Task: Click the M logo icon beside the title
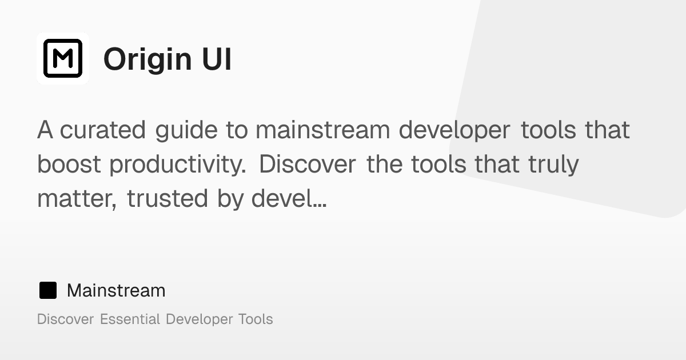[x=63, y=58]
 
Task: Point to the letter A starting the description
[x=45, y=130]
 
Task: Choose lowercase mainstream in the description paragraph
[x=323, y=130]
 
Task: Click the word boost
[x=69, y=165]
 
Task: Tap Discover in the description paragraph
[x=308, y=165]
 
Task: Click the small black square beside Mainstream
[x=47, y=290]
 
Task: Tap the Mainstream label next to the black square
[x=116, y=290]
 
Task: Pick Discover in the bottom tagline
[x=65, y=319]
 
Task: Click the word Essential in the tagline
[x=130, y=319]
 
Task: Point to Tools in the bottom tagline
[x=255, y=319]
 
